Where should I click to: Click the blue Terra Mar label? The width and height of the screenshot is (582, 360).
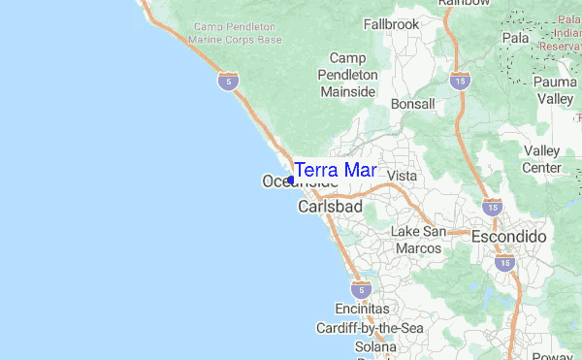[335, 170]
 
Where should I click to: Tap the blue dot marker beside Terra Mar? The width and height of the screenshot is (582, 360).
[291, 180]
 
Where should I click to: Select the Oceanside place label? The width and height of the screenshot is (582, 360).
[301, 181]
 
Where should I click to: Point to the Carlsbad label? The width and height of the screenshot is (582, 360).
[330, 208]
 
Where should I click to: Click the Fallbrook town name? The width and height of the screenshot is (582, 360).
[391, 23]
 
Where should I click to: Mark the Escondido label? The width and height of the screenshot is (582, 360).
[509, 237]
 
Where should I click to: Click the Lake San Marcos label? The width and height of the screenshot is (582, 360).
[418, 240]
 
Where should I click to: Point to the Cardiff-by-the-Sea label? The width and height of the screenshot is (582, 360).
[370, 329]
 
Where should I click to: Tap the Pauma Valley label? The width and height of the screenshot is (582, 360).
[556, 91]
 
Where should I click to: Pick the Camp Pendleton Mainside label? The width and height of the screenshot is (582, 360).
[348, 75]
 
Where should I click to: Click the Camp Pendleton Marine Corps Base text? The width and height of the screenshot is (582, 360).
[238, 33]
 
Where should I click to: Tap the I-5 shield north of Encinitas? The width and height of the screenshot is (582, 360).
[361, 289]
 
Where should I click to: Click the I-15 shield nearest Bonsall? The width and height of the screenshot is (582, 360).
[460, 81]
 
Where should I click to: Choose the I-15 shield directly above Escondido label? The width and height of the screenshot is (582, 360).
[492, 207]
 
